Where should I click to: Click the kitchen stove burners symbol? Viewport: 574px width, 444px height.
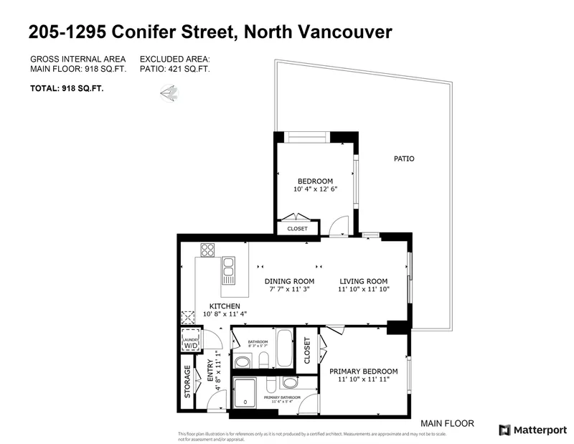pyautogui.click(x=208, y=250)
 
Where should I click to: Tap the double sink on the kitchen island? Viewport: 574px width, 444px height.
pyautogui.click(x=229, y=270)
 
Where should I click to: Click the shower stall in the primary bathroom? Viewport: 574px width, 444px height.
pyautogui.click(x=248, y=393)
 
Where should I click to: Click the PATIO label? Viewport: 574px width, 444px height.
pyautogui.click(x=404, y=159)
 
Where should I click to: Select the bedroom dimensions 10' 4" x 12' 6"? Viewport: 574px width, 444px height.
pyautogui.click(x=315, y=189)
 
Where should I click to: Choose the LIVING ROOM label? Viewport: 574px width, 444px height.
pyautogui.click(x=363, y=281)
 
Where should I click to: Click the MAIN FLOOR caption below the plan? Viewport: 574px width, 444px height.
pyautogui.click(x=448, y=423)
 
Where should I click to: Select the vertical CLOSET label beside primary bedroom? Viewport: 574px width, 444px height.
pyautogui.click(x=307, y=351)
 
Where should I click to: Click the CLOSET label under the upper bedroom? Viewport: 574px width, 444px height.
pyautogui.click(x=297, y=229)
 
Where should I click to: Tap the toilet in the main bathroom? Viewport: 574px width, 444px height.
pyautogui.click(x=263, y=360)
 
